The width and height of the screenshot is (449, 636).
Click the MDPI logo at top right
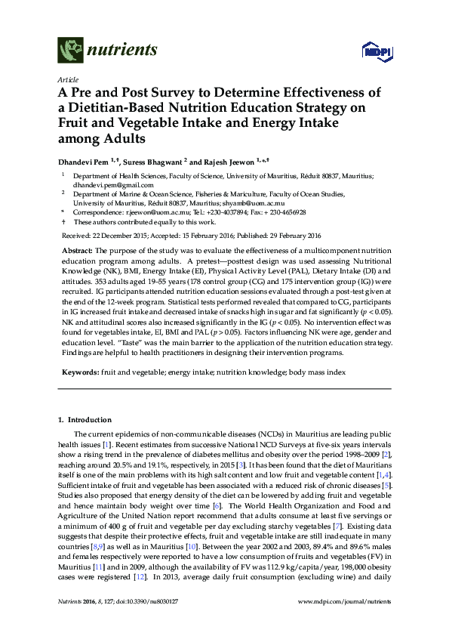click(374, 51)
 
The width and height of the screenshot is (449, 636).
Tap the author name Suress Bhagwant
click(156, 161)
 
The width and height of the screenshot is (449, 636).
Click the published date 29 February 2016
click(276, 236)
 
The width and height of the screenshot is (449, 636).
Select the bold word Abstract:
click(78, 250)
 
